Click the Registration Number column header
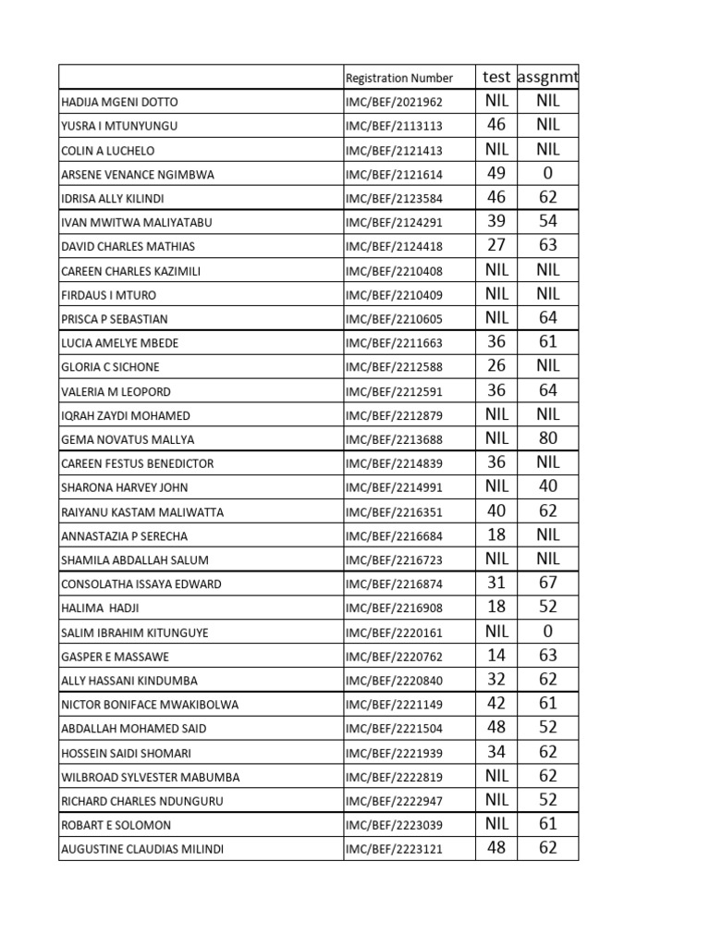pyautogui.click(x=398, y=79)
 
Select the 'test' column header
pyautogui.click(x=496, y=77)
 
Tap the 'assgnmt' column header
pyautogui.click(x=548, y=77)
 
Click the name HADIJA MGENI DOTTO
pyautogui.click(x=119, y=103)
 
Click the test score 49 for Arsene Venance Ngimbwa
pyautogui.click(x=496, y=173)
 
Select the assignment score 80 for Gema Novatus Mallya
pyautogui.click(x=548, y=438)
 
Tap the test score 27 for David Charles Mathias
pyautogui.click(x=496, y=245)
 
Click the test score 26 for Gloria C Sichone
pyautogui.click(x=496, y=366)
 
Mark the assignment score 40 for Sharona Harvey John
pyautogui.click(x=548, y=486)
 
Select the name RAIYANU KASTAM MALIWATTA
pyautogui.click(x=142, y=512)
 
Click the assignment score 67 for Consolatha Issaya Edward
pyautogui.click(x=548, y=583)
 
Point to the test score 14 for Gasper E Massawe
pyautogui.click(x=496, y=656)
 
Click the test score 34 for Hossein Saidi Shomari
pyautogui.click(x=496, y=752)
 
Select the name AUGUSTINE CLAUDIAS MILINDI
pyautogui.click(x=142, y=849)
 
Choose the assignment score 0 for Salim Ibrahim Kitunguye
pyautogui.click(x=548, y=632)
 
